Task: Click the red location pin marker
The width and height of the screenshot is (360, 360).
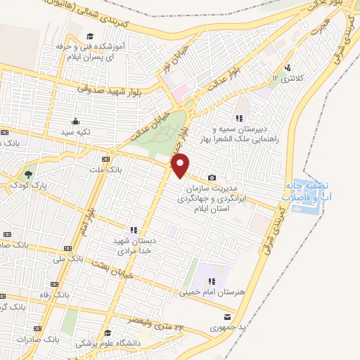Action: (181, 165)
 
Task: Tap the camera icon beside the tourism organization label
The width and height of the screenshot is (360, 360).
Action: (212, 178)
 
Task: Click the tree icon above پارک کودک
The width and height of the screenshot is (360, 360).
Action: (28, 173)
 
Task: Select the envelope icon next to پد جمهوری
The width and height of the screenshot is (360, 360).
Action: (226, 316)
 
